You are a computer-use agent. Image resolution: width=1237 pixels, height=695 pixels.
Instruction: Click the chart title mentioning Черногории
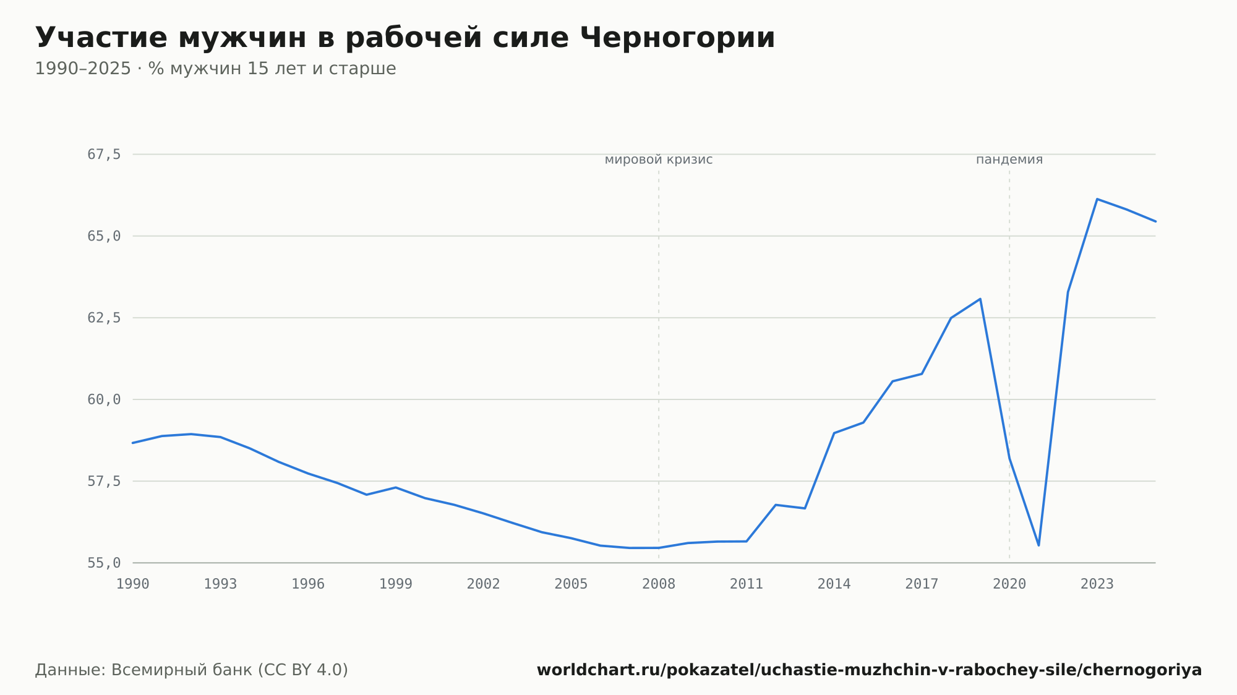point(405,38)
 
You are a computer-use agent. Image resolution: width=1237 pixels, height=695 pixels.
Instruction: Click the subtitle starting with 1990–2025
point(215,69)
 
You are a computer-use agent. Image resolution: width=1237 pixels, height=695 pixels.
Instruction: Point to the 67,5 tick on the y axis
point(104,155)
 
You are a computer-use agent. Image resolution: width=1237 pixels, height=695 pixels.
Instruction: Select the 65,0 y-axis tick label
point(104,236)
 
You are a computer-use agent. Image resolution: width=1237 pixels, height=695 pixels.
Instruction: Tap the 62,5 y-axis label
point(104,318)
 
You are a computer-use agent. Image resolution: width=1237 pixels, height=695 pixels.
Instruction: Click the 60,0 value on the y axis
point(104,399)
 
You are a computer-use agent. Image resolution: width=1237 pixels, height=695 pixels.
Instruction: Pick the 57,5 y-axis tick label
point(104,481)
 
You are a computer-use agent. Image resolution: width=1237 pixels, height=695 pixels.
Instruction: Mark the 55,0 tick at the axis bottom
point(104,563)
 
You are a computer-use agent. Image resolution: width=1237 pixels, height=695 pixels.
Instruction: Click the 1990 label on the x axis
point(133,584)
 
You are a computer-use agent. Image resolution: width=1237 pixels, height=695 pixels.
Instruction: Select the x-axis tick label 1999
point(396,584)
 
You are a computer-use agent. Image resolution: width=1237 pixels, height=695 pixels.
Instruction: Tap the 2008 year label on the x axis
point(659,584)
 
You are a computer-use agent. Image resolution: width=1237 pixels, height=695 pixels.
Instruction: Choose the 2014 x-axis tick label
point(834,584)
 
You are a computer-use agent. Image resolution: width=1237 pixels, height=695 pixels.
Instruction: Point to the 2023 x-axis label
point(1097,584)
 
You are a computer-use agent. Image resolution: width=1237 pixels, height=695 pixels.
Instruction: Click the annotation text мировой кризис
point(659,160)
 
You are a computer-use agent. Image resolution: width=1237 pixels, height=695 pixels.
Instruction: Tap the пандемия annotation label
point(1009,160)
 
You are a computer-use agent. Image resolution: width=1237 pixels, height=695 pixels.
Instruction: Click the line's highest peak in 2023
point(1097,199)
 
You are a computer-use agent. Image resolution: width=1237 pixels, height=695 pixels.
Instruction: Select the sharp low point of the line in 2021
point(1038,545)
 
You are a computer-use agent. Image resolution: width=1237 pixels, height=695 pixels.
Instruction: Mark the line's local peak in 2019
point(980,299)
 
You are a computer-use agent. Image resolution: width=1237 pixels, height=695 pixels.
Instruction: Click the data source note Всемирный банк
point(192,670)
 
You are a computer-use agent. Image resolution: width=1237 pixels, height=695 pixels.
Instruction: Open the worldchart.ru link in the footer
point(869,670)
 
